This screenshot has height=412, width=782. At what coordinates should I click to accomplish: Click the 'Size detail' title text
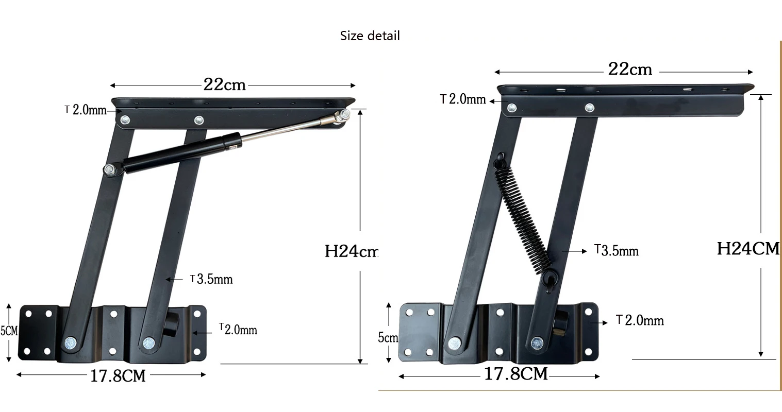370,36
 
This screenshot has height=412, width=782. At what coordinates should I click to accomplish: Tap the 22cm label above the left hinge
224,85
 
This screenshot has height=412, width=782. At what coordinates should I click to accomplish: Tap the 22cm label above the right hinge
630,69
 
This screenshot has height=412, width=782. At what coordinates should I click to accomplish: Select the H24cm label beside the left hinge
351,251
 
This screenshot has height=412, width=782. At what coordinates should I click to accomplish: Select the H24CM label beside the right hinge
748,249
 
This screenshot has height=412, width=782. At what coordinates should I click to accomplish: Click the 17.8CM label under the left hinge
118,376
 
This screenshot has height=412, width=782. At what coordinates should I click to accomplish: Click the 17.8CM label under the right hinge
516,374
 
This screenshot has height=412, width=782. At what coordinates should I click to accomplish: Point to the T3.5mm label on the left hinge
211,279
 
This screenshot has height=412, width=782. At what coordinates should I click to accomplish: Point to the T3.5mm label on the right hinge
617,250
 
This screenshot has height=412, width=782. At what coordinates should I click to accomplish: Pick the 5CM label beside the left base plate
9,331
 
